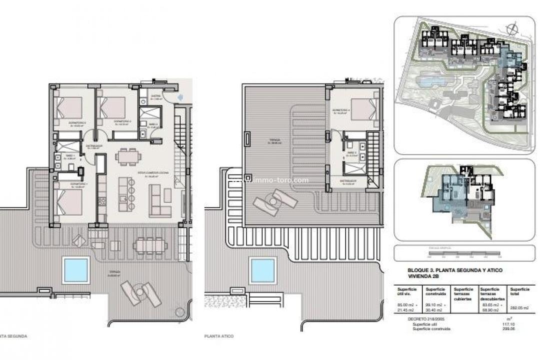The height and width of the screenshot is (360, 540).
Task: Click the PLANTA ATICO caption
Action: click(x=218, y=336)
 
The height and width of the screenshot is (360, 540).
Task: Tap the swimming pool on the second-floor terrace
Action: click(x=75, y=270)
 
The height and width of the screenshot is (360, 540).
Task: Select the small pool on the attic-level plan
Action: click(x=262, y=270)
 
